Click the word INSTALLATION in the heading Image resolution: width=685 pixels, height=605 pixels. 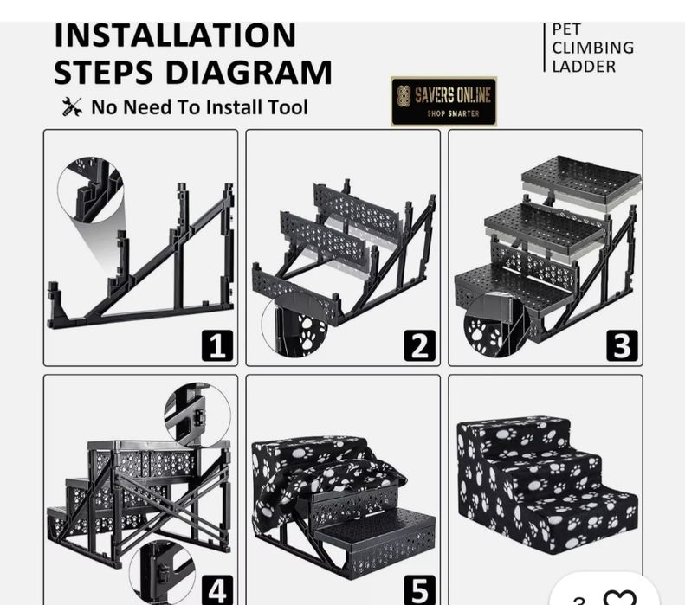(x=175, y=35)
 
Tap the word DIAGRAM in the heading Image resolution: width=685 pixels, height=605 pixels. (x=249, y=73)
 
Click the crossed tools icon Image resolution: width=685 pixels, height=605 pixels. (x=72, y=107)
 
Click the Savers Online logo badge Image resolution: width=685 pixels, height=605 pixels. (x=443, y=101)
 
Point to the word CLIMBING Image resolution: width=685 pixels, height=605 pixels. (x=592, y=48)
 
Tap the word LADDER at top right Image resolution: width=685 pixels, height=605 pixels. (x=584, y=67)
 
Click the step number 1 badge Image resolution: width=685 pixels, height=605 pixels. (x=217, y=345)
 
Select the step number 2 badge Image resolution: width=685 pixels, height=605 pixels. (x=420, y=345)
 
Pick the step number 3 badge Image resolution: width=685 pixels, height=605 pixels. (x=622, y=345)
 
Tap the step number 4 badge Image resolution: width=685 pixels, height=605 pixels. (x=217, y=590)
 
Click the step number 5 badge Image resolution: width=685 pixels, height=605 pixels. (x=420, y=590)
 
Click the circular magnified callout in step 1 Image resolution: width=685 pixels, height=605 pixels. (x=90, y=190)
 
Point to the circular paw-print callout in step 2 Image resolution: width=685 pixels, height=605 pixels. (x=294, y=325)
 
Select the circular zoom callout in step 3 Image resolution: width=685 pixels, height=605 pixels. (x=497, y=325)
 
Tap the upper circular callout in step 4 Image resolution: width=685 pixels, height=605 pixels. (x=197, y=415)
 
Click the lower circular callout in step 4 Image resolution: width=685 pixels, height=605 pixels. (x=163, y=573)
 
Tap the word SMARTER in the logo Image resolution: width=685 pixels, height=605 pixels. (x=464, y=114)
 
